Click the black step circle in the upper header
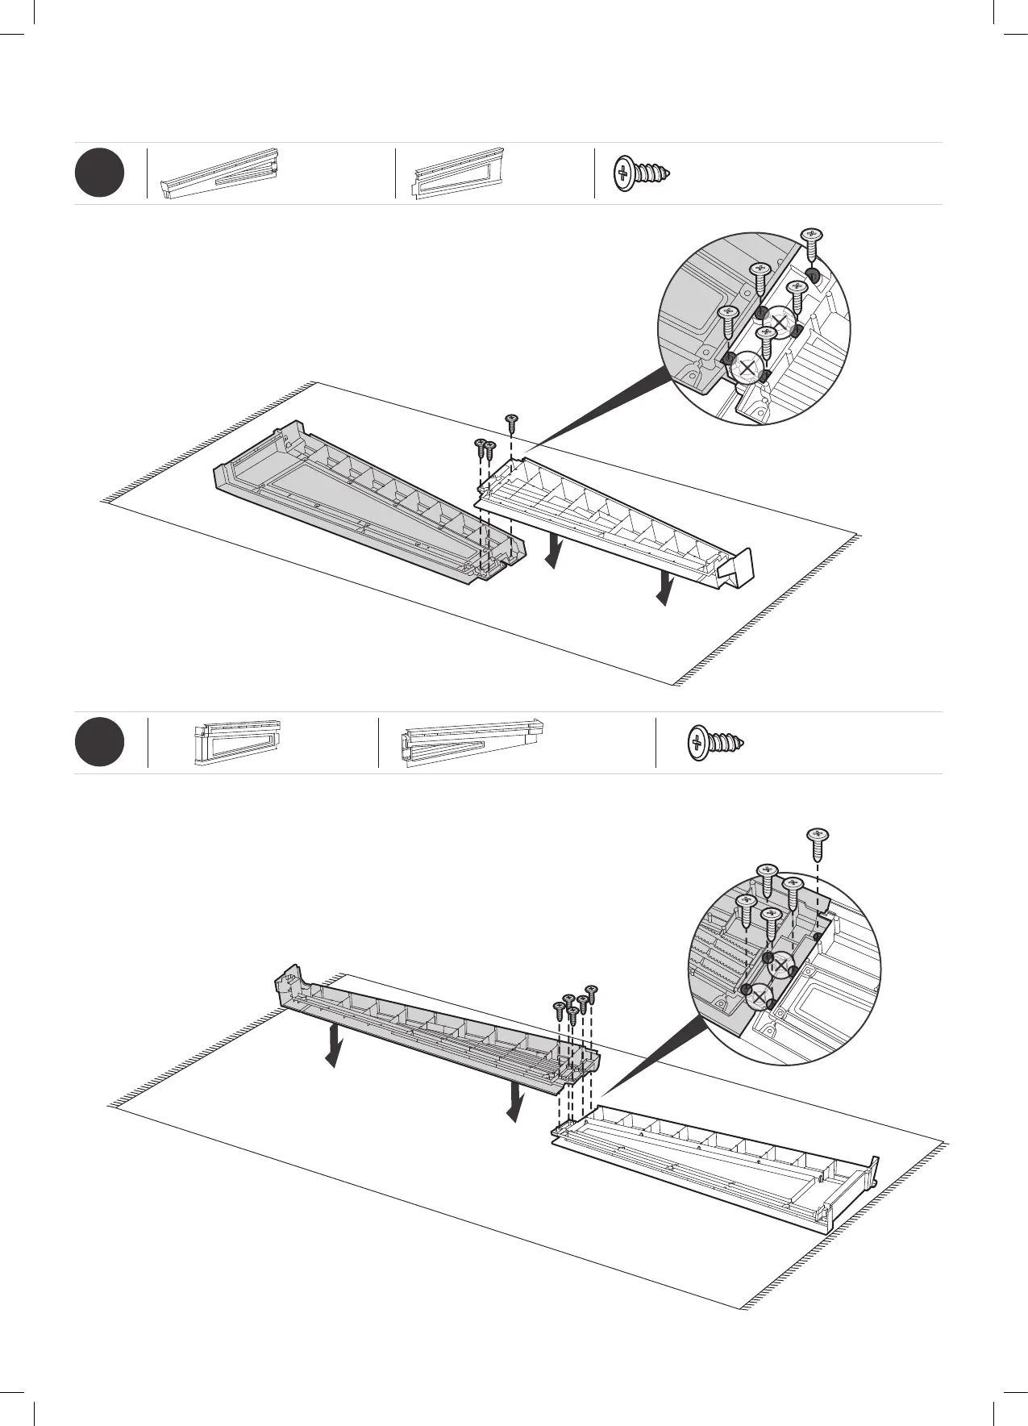[99, 173]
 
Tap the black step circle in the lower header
[99, 743]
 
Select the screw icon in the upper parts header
[642, 173]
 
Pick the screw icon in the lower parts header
[714, 743]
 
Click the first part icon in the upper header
[222, 173]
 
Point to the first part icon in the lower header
[237, 741]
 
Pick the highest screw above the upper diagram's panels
[510, 419]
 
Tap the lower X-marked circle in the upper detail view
[748, 368]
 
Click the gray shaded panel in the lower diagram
[435, 1028]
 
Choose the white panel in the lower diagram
[718, 1161]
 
